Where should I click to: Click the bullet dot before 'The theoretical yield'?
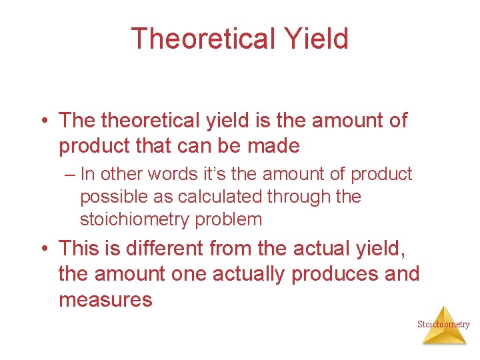click(43, 121)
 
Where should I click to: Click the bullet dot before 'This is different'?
click(43, 249)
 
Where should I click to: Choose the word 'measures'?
click(105, 299)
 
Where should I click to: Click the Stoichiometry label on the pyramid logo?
click(443, 325)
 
